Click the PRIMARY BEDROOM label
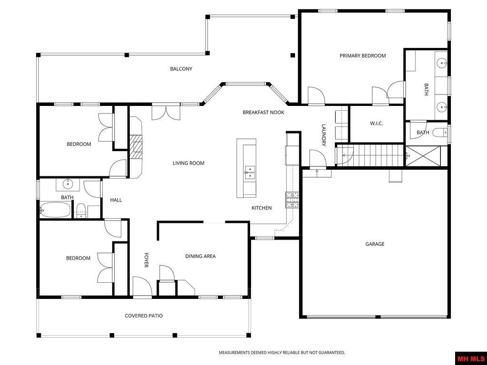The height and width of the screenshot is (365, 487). [x=362, y=56]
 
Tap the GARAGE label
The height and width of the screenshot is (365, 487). [x=375, y=244]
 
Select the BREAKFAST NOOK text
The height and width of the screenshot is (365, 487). [x=263, y=112]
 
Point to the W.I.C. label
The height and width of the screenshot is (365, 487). [x=376, y=124]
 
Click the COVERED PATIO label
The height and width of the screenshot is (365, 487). [x=144, y=316]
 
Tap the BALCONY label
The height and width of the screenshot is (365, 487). [x=181, y=69]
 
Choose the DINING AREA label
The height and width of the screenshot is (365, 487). [x=200, y=256]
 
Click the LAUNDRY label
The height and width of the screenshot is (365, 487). [x=323, y=135]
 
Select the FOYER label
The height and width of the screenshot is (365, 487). [x=146, y=259]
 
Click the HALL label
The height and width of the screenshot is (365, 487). [x=116, y=200]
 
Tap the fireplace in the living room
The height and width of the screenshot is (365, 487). [x=136, y=146]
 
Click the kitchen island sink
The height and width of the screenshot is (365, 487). [x=249, y=172]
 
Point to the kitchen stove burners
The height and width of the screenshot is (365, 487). [x=292, y=200]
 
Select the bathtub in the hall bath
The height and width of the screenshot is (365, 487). [x=55, y=210]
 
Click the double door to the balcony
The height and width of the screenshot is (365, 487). [x=166, y=112]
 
